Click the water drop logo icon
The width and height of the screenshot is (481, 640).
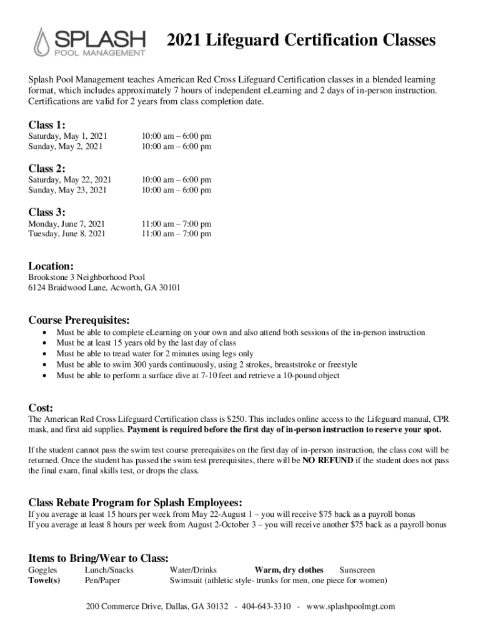42,42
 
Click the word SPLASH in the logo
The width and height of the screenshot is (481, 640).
101,37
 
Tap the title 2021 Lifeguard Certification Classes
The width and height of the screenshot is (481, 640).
300,41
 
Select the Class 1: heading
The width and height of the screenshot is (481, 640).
47,124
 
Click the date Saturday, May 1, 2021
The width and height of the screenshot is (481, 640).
68,136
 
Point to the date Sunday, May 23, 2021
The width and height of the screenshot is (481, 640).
67,190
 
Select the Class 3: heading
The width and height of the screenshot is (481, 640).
47,212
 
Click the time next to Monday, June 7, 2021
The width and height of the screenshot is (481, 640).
176,224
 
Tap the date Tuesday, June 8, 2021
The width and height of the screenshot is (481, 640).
67,234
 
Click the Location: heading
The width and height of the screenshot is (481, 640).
51,266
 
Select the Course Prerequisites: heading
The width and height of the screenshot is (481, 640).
79,321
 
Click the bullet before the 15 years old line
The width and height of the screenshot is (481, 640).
44,344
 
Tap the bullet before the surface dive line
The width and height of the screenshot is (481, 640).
44,376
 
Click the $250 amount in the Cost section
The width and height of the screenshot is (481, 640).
235,419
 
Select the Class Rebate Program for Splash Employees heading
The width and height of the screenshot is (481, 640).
136,503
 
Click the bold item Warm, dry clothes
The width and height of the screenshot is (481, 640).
289,570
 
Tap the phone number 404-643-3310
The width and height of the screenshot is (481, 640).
266,607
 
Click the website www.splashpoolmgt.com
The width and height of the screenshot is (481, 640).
350,607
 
